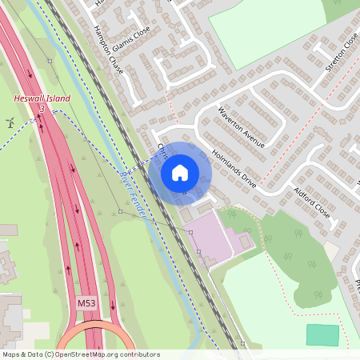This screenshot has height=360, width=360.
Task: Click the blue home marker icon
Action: pos(180,173)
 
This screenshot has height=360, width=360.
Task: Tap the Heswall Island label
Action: pos(42,98)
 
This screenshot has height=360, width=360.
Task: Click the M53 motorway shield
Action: pos(86,304)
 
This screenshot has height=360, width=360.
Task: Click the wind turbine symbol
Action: pos(11,122)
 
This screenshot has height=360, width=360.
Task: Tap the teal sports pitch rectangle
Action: pos(322,334)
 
